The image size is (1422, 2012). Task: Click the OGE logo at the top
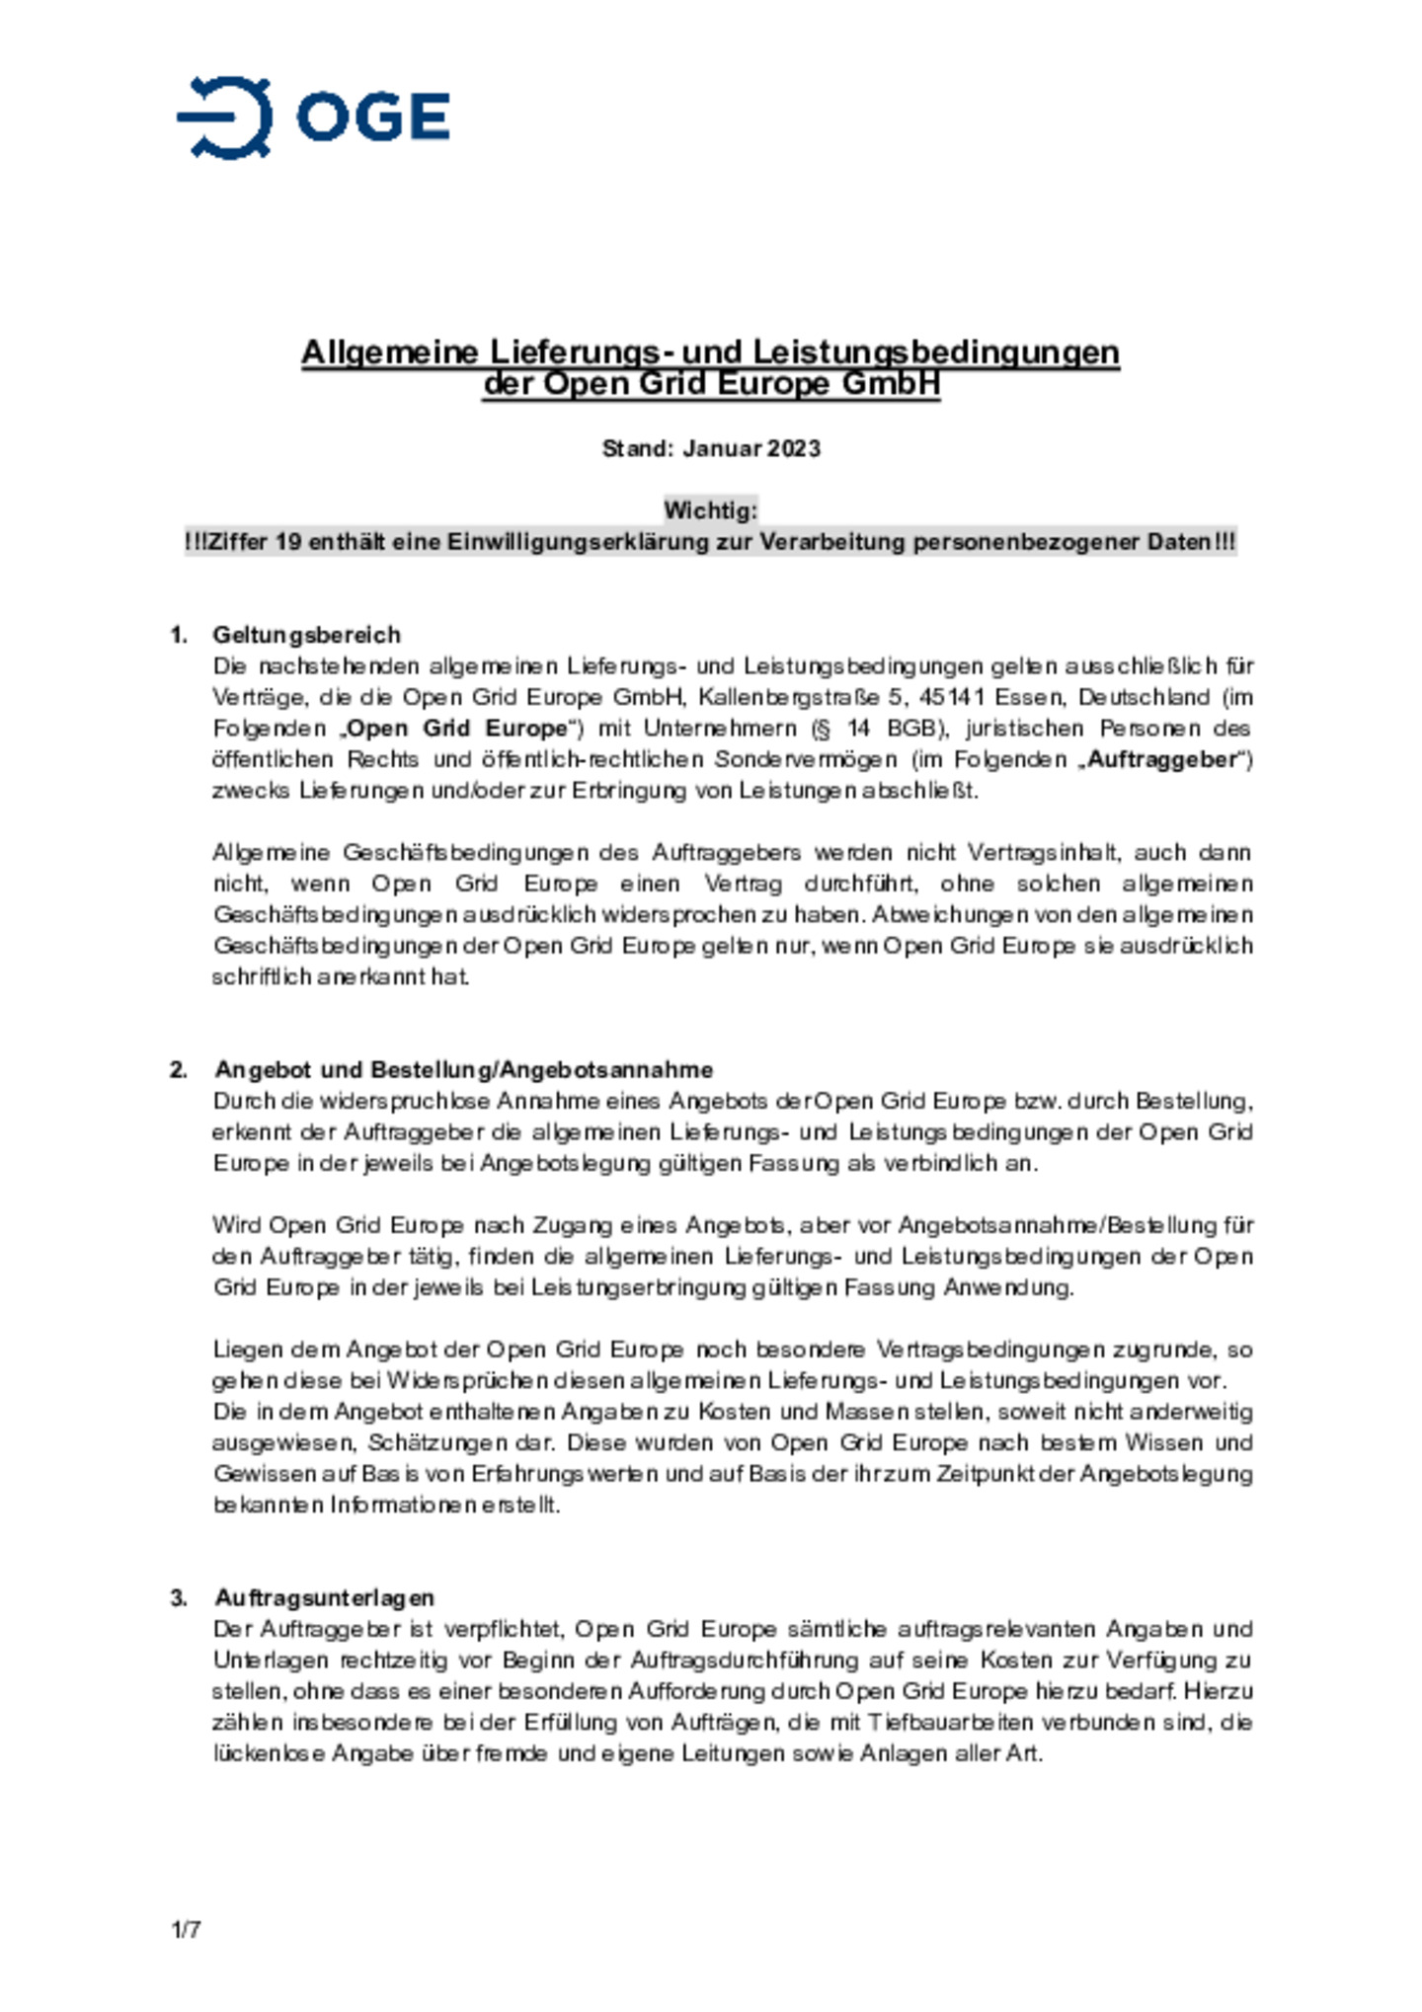tap(313, 116)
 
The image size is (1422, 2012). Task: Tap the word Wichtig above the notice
tap(709, 510)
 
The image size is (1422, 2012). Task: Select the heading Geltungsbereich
tap(306, 634)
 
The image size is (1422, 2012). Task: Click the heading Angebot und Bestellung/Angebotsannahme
tap(463, 1069)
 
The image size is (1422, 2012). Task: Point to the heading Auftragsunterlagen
tap(324, 1597)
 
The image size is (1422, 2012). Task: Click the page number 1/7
tap(186, 1928)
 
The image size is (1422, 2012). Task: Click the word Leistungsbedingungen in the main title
tap(936, 352)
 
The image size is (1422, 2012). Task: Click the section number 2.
tap(178, 1069)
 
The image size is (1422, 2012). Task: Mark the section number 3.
tap(178, 1597)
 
